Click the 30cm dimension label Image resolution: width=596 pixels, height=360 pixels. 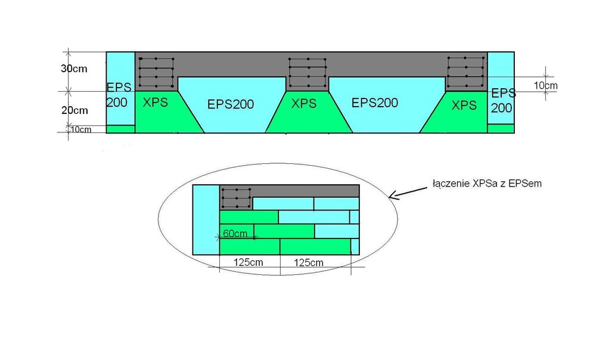tap(74, 69)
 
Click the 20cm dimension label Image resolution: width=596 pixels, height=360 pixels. tap(74, 110)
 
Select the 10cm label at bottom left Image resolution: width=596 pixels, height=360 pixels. tap(81, 129)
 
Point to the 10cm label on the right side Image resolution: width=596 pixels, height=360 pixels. tap(545, 86)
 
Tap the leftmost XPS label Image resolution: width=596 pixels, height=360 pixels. tap(156, 102)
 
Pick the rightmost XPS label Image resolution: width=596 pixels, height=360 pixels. tap(464, 105)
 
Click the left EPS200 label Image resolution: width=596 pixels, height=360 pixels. tap(231, 104)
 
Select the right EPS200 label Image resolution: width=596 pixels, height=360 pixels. tap(375, 103)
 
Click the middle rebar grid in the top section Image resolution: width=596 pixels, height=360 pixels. tap(308, 73)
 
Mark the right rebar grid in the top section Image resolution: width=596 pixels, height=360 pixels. tap(465, 72)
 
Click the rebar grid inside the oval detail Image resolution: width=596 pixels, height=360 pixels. tap(236, 197)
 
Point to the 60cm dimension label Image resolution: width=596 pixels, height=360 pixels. tap(235, 234)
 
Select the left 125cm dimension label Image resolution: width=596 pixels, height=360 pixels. tap(249, 262)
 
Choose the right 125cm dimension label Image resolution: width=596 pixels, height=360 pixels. tap(309, 262)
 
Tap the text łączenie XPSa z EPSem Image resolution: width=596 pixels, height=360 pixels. tap(487, 184)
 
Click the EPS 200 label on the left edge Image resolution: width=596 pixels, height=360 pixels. tap(117, 94)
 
